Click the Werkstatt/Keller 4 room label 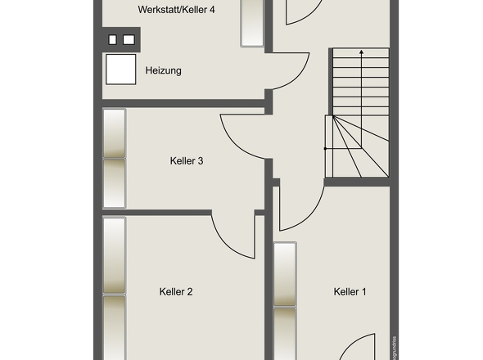pos(165,11)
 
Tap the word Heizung pos(163,70)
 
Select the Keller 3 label pos(186,161)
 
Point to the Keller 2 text pos(176,291)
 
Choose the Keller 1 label pos(350,291)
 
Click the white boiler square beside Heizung pos(120,69)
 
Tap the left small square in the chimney pos(113,38)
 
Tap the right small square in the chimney pos(128,38)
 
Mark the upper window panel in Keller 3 pos(114,133)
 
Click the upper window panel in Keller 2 pos(114,255)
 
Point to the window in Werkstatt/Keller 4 pos(251,23)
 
